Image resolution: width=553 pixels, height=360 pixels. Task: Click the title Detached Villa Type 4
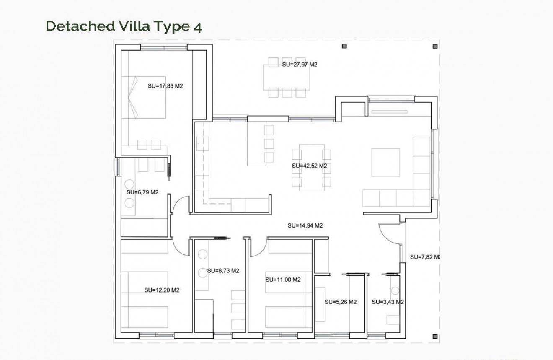tap(124, 26)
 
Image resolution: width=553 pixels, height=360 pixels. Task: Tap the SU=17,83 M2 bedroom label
tap(165, 86)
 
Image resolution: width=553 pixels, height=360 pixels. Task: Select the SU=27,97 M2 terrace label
tap(300, 65)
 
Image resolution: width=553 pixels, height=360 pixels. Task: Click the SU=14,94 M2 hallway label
tap(305, 225)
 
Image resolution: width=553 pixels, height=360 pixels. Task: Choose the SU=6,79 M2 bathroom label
tap(142, 192)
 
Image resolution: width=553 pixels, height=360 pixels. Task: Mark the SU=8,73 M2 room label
tap(223, 271)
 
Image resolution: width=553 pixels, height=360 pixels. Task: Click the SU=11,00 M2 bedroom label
tap(283, 280)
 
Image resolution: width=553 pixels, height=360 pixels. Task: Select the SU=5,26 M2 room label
tap(341, 302)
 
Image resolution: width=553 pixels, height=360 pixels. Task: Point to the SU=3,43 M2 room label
tap(388, 302)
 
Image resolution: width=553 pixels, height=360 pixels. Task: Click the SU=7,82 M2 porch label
tap(424, 257)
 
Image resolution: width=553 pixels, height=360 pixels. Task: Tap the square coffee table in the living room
tap(385, 162)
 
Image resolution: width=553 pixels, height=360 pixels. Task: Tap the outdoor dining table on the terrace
tap(286, 77)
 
